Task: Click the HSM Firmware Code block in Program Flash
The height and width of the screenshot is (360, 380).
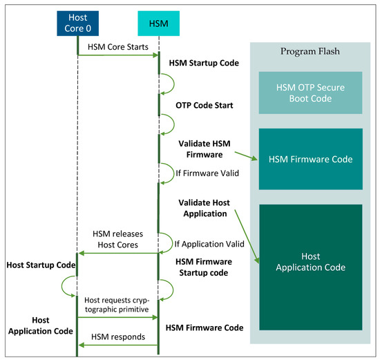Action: tap(310, 159)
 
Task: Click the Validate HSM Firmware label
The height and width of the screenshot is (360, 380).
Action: tap(204, 149)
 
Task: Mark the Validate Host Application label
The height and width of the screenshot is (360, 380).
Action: tap(203, 208)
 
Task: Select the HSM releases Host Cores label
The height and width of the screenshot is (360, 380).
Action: tap(117, 239)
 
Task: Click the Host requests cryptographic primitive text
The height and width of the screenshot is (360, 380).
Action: tap(117, 305)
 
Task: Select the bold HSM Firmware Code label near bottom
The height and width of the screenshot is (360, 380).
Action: tap(209, 327)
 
